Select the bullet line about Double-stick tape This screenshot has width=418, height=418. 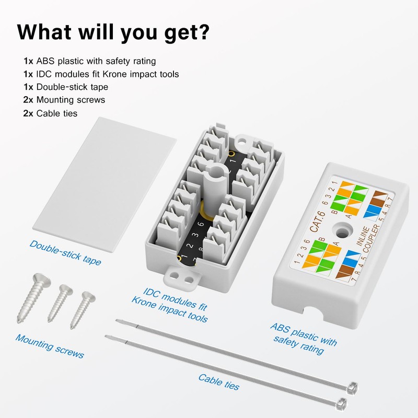[x=66, y=87]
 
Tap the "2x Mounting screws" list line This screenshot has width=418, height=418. [x=64, y=100]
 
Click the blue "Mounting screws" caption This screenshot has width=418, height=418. [x=49, y=346]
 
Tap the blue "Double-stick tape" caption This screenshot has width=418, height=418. [x=66, y=252]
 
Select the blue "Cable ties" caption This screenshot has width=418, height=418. [x=218, y=382]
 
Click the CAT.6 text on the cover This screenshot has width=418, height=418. [x=317, y=225]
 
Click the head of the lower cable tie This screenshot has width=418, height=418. [x=342, y=403]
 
